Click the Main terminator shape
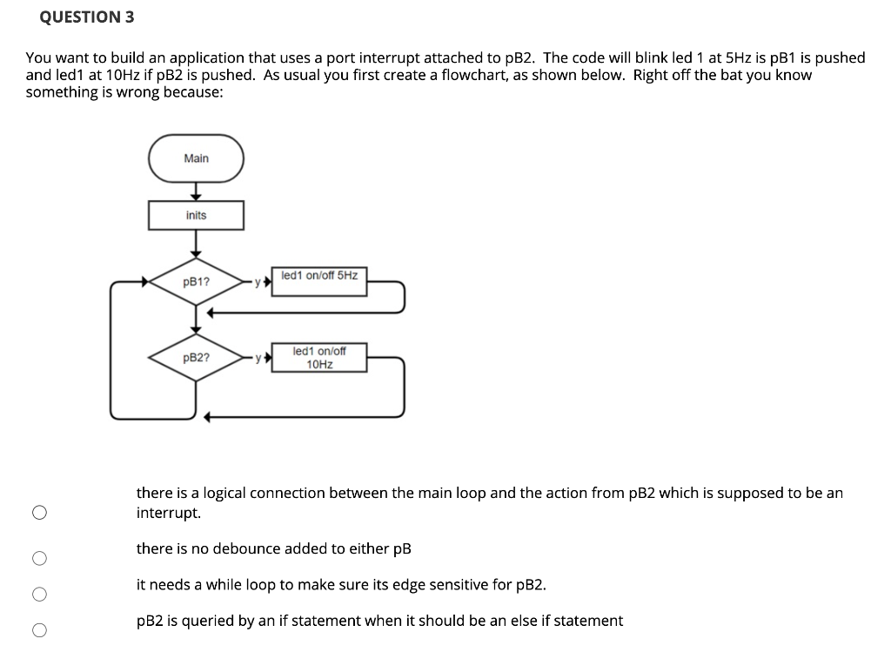196,158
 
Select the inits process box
196,215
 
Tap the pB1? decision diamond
196,282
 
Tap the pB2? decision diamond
196,358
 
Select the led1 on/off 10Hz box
318,358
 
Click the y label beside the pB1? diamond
257,282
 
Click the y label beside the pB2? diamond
257,358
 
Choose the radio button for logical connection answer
39,513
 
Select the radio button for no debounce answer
39,558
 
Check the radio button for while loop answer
39,595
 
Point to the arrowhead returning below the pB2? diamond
209,417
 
